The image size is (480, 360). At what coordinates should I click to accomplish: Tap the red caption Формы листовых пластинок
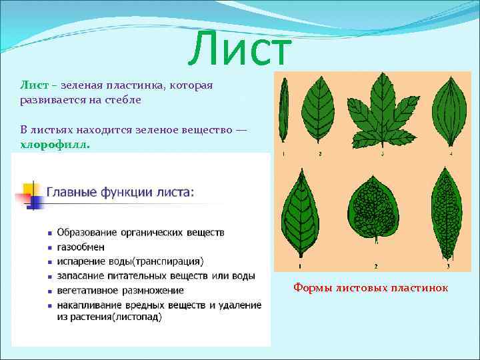[371, 288]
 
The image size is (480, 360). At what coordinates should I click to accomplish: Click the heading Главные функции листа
[121, 193]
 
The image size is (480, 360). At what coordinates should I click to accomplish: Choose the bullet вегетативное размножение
[120, 291]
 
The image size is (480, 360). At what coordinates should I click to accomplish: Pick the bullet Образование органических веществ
[140, 232]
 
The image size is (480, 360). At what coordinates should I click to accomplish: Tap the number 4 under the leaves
[451, 154]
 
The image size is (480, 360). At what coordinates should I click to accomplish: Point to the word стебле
[123, 99]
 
